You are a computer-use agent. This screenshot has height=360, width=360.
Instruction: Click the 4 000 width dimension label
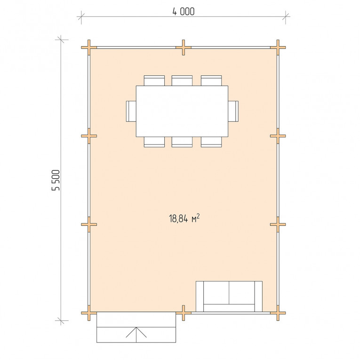[184, 11]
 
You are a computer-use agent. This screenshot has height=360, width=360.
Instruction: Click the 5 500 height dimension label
[56, 180]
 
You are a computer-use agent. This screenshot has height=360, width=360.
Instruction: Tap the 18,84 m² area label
[184, 218]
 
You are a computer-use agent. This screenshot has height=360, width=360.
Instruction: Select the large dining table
[182, 111]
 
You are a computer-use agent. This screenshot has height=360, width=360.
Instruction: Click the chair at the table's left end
[131, 111]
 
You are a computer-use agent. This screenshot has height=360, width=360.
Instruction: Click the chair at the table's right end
[233, 111]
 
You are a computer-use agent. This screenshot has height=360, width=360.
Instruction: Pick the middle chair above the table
[182, 80]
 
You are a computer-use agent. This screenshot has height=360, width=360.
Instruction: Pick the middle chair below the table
[182, 142]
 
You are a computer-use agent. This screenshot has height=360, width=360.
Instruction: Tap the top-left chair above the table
[154, 80]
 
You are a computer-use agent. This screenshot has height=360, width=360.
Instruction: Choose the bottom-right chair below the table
[211, 142]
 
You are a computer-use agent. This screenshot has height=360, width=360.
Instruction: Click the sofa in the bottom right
[229, 296]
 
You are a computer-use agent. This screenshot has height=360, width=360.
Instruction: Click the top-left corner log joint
[89, 48]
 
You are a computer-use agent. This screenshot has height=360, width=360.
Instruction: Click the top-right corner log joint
[278, 48]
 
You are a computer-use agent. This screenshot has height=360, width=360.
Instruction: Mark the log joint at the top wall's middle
[184, 48]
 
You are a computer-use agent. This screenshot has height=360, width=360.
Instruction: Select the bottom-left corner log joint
[89, 312]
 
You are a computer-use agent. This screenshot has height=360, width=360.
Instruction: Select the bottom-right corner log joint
[278, 312]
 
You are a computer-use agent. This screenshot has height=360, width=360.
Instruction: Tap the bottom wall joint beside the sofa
[184, 312]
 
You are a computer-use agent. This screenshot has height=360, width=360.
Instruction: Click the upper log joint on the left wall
[89, 136]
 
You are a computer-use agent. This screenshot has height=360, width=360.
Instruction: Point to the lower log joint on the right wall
[278, 224]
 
